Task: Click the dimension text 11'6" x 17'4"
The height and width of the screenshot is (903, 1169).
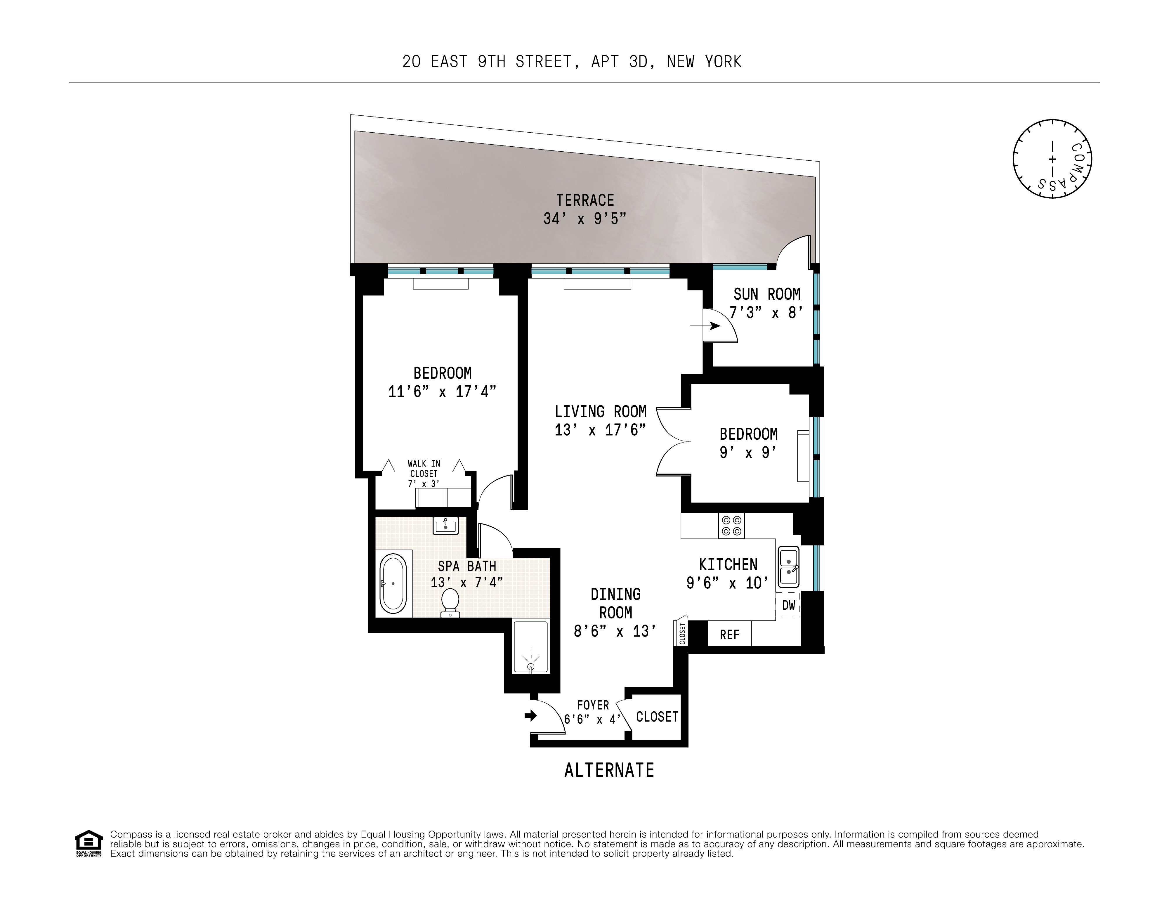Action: (442, 392)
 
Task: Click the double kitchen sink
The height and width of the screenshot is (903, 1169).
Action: (788, 566)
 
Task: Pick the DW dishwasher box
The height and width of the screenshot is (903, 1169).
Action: (788, 605)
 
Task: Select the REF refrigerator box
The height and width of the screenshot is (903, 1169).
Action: (729, 635)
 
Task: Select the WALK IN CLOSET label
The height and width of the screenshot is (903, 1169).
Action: (424, 469)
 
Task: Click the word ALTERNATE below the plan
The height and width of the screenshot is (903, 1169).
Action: (609, 770)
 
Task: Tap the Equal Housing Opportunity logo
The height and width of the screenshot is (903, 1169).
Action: (88, 844)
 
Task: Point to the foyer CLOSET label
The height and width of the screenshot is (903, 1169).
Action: (657, 717)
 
